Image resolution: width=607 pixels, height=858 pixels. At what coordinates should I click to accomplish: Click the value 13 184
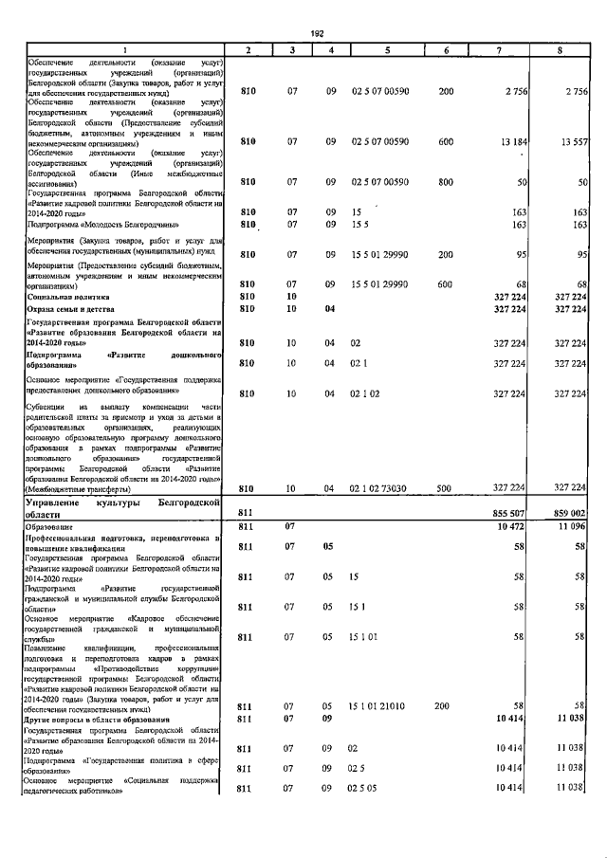point(513,141)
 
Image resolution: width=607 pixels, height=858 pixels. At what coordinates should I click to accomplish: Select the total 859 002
point(569,512)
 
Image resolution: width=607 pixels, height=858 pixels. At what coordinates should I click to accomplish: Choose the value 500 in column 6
point(445,487)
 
